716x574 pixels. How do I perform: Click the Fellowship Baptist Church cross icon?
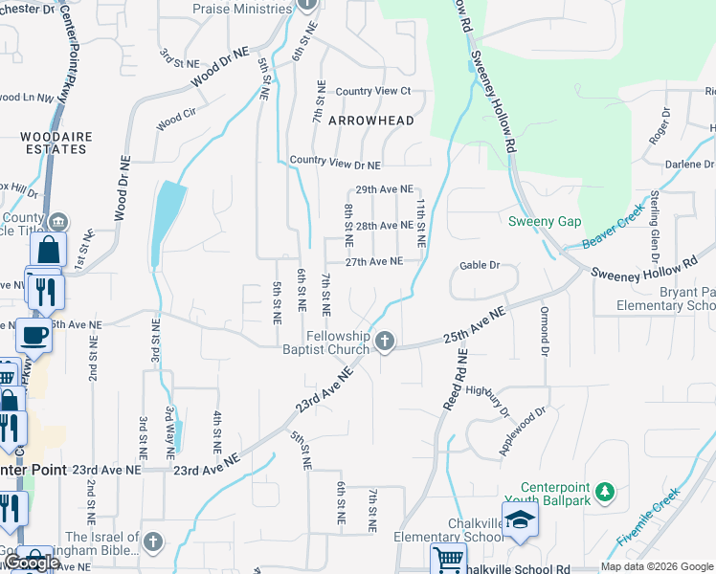[x=385, y=341]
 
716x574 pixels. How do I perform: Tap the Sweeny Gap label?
[x=545, y=221]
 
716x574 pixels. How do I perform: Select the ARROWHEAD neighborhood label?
[x=371, y=121]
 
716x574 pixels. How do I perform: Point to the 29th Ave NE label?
[x=384, y=190]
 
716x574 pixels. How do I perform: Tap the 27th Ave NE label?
[x=373, y=261]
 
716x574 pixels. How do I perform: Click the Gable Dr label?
[x=480, y=265]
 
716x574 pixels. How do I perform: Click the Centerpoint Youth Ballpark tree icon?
[x=603, y=492]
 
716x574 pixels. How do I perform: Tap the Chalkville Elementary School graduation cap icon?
[x=520, y=519]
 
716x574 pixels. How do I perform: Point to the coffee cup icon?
[x=34, y=335]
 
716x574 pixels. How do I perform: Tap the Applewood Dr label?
[x=522, y=431]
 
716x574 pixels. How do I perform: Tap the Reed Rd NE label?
[x=455, y=380]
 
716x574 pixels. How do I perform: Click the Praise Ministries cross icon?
[x=306, y=5]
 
